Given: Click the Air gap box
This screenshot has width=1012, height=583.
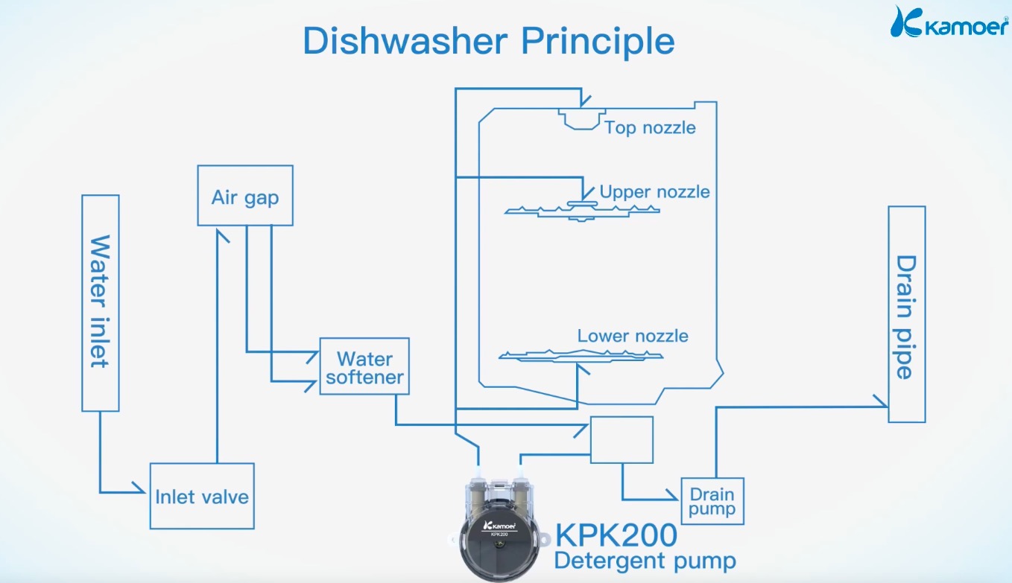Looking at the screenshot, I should click(x=245, y=195).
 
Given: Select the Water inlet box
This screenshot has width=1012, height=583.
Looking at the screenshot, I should click(x=101, y=302).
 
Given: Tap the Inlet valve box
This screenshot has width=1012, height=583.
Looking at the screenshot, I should click(x=202, y=496).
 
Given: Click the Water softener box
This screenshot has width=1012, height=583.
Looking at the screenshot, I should click(x=364, y=367).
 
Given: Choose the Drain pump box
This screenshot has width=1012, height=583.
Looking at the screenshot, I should click(x=712, y=501).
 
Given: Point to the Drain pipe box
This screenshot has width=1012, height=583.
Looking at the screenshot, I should click(x=906, y=314).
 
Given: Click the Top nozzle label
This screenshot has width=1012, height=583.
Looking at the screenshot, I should click(x=650, y=127).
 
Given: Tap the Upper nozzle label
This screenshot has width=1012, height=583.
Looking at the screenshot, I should click(x=654, y=191).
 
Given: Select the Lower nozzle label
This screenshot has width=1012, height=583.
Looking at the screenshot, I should click(x=633, y=336).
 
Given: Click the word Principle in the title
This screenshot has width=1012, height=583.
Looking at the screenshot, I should click(x=598, y=41).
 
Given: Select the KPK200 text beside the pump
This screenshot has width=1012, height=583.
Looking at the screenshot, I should click(x=617, y=535).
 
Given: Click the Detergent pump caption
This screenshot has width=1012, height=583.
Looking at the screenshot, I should click(x=645, y=560).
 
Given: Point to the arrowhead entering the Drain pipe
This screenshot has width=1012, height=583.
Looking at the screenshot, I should click(x=882, y=407).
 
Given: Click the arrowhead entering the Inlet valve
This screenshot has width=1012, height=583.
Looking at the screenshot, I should click(x=141, y=490).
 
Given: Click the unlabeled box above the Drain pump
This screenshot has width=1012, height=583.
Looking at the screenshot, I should click(x=622, y=439).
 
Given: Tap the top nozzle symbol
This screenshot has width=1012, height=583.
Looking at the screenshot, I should click(x=580, y=119).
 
